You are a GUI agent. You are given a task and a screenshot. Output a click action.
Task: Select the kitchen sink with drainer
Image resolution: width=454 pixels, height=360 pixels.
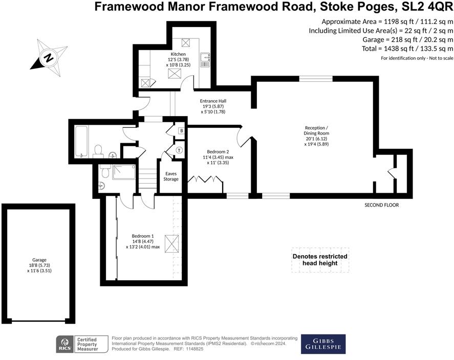click(205, 60)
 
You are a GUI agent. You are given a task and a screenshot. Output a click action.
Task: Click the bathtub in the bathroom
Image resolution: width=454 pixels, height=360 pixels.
click(82, 141)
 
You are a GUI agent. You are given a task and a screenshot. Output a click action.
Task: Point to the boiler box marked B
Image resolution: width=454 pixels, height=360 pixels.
click(181, 131)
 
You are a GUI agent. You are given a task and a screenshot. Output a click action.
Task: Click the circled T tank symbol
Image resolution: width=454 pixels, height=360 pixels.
click(179, 150)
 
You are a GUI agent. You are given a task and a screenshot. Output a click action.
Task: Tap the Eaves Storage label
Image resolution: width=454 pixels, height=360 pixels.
click(171, 176)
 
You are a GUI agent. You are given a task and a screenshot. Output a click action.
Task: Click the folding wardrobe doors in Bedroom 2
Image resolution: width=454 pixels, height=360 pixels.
click(205, 180)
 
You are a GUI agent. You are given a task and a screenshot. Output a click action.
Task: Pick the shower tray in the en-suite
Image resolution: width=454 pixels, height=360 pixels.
click(123, 172)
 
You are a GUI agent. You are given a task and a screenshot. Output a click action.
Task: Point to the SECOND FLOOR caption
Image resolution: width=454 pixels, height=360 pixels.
click(381, 205)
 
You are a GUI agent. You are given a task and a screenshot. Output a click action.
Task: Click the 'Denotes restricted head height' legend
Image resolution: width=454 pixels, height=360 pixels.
click(319, 259)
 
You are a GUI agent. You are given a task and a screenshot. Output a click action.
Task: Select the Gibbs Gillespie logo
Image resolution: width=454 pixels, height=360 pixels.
click(322, 344)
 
